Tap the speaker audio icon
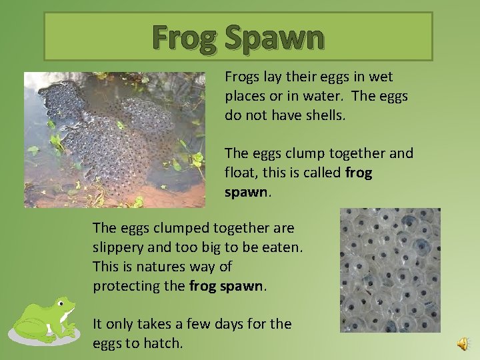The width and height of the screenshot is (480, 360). pyautogui.click(x=463, y=343)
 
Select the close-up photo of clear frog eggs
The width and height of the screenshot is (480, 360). pyautogui.click(x=390, y=270)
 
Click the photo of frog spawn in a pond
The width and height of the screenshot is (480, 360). pyautogui.click(x=115, y=139)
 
